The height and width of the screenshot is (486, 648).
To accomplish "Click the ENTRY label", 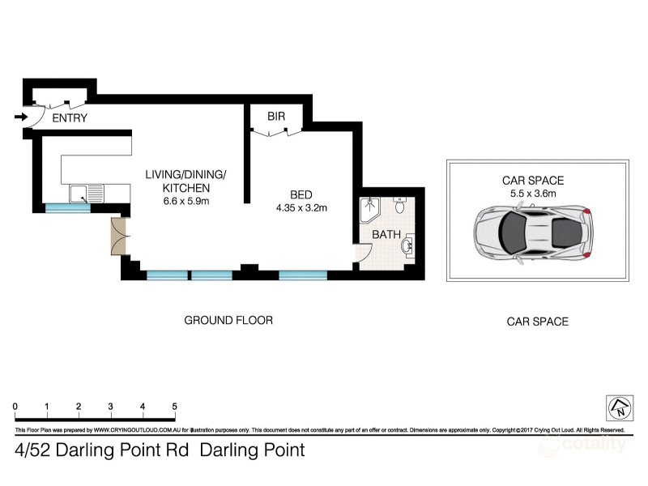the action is (70, 118).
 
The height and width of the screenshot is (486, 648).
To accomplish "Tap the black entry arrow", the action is (21, 117).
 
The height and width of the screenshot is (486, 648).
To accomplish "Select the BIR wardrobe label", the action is (276, 117).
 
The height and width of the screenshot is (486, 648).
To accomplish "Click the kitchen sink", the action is (87, 194).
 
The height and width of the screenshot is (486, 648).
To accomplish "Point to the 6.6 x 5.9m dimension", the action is (186, 202).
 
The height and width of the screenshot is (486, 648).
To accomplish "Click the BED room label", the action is (301, 194).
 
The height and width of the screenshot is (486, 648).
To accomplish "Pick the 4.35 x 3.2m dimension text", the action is (301, 208).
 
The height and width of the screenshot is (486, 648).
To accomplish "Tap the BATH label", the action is (386, 235).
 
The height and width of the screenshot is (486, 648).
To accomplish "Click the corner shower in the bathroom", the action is (369, 211).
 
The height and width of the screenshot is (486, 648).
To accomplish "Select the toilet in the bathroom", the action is (399, 205).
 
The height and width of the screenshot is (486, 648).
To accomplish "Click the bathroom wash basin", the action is (408, 245).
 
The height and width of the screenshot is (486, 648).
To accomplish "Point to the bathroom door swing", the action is (363, 253).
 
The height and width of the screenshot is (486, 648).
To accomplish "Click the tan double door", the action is (118, 236).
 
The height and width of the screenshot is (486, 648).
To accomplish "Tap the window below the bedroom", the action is (303, 275).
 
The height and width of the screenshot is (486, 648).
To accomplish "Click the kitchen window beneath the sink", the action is (67, 208).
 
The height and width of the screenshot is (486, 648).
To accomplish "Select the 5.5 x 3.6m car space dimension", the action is (533, 194).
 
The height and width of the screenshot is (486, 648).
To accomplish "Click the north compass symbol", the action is (620, 407).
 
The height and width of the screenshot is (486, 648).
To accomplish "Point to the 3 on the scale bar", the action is (110, 407).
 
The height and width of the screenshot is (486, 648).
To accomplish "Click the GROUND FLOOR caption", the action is (228, 320).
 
